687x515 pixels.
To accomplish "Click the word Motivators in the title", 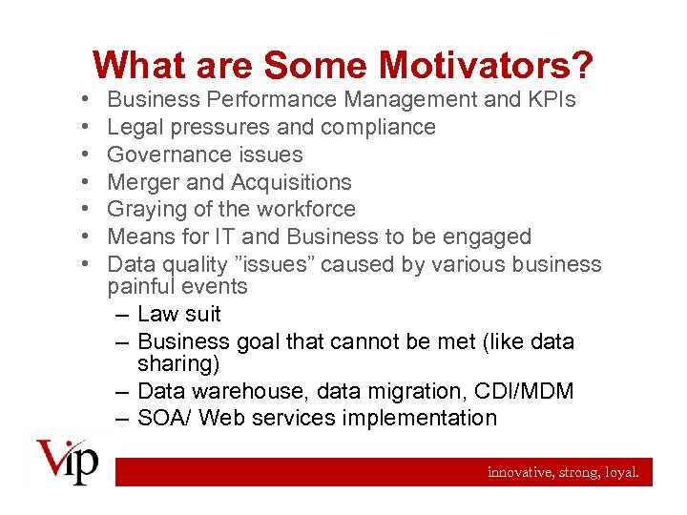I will point(486,66).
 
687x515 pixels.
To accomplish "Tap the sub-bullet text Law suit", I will point(179,314).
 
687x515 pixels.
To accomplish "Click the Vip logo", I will point(67,463).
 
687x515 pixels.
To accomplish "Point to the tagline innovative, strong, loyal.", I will point(563,472).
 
